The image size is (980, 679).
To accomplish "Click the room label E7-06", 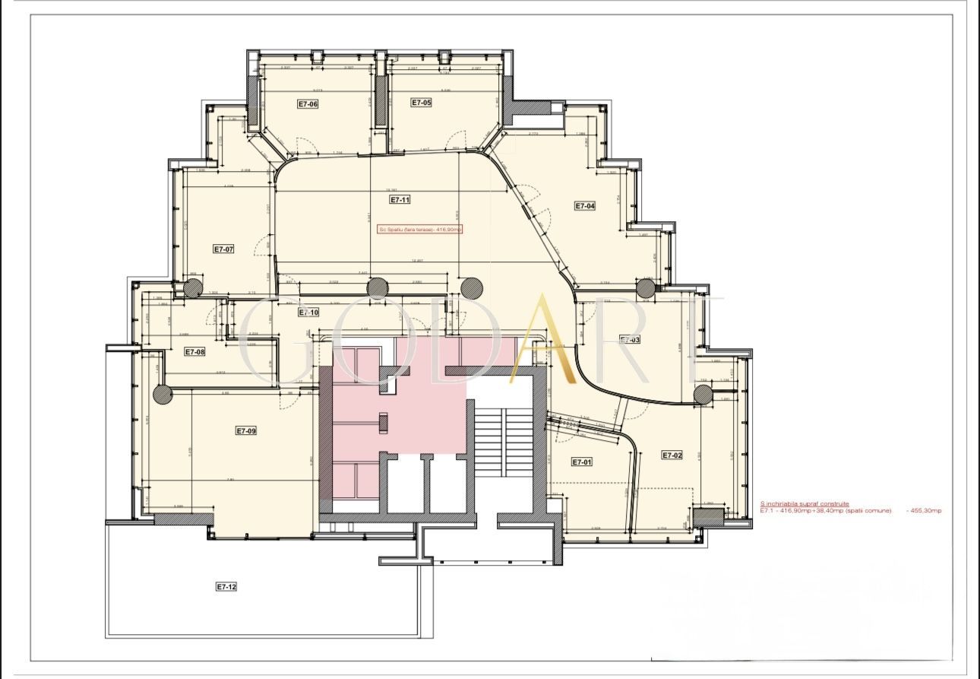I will coord(308,104).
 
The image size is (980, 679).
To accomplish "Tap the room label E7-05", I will coord(422,102).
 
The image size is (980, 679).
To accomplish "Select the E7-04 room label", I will coord(584,206).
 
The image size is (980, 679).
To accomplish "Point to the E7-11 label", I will coord(400,200).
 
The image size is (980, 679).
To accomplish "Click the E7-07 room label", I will coord(223,249).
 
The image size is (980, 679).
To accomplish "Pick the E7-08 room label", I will coord(195,351).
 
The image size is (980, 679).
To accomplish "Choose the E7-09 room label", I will coord(246,430).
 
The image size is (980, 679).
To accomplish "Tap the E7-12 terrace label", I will coord(226,586).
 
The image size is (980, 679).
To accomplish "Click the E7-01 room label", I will coord(581,462).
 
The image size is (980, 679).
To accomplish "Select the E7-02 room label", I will coord(672,455).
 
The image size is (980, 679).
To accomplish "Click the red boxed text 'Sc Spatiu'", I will coord(419,229).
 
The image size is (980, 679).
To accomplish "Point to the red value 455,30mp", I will coord(924,510).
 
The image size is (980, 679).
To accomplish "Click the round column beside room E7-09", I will coord(163,394).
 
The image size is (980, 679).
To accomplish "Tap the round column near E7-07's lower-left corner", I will coord(193,288).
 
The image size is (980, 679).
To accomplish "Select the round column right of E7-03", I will coord(703,394).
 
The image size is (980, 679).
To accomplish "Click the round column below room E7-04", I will coord(646,288).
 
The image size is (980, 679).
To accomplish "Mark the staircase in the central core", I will coord(501,441).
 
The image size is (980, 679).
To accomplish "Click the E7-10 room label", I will coord(308,313).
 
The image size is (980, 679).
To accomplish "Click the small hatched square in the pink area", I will coord(384,423).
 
